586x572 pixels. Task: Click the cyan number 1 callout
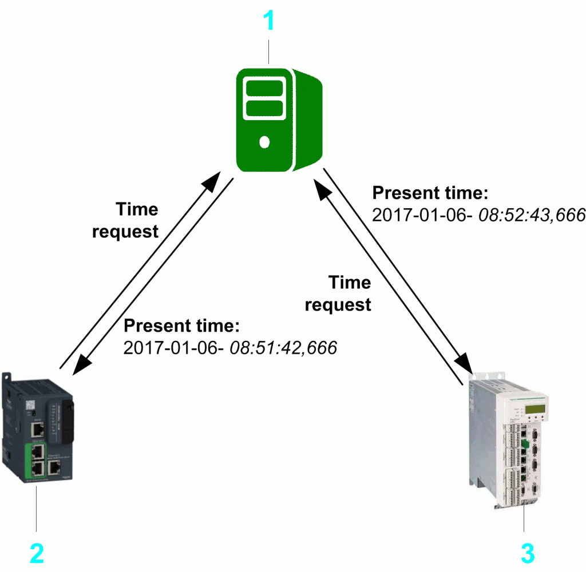tap(268, 21)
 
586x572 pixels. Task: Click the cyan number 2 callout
tap(36, 553)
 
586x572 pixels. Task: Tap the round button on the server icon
tap(264, 142)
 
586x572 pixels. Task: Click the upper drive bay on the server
tap(264, 89)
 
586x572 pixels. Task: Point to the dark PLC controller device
tap(38, 429)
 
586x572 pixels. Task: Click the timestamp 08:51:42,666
tap(283, 347)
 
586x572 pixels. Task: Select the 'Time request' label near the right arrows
tap(338, 293)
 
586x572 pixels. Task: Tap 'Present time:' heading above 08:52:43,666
tap(430, 193)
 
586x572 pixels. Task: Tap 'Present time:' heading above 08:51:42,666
tap(182, 325)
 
